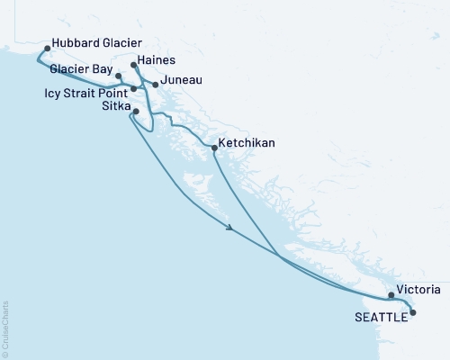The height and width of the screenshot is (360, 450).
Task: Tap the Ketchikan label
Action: tap(247, 143)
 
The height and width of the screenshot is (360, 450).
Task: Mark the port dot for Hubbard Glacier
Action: tap(46, 42)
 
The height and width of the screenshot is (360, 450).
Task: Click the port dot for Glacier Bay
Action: tap(119, 76)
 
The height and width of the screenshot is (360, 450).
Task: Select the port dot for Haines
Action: tap(134, 65)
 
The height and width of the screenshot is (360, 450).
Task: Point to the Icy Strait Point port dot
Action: tap(133, 89)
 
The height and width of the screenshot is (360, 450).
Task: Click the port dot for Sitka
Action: tap(135, 112)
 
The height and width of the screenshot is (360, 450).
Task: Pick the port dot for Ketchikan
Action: tap(213, 148)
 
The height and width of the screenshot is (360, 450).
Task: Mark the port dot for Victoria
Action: tap(391, 294)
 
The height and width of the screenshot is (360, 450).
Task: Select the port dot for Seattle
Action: tap(412, 312)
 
